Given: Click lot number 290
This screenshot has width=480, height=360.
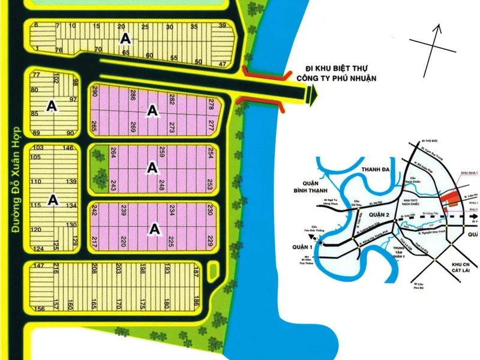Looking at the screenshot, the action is [95, 92].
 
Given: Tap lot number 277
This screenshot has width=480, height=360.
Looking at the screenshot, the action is [211, 125].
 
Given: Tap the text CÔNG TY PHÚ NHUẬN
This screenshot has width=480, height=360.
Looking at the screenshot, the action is [335, 78].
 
